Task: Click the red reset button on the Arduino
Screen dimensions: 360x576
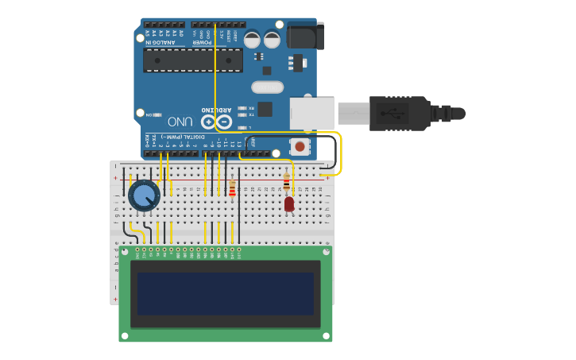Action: point(300,146)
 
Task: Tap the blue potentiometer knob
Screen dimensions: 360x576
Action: point(144,195)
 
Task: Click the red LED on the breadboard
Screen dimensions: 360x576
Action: point(289,204)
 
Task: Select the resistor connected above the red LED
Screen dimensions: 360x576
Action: point(287,182)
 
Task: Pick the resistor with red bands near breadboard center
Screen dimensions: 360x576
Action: point(232,188)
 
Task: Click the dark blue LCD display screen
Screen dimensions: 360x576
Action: point(226,293)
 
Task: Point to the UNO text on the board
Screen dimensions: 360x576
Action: point(180,122)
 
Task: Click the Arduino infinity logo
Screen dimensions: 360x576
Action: point(216,122)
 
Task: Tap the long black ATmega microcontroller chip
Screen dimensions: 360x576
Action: point(193,60)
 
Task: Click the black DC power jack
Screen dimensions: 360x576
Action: point(305,37)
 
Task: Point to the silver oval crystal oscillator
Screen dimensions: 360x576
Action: point(267,87)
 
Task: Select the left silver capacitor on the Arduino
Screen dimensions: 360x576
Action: point(252,39)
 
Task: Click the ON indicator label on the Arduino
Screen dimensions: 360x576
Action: point(149,115)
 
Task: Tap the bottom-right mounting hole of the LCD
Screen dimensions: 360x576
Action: point(326,336)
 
